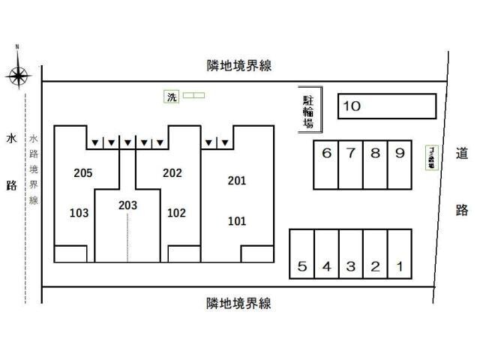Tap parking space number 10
[x=387, y=106]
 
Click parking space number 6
[x=326, y=165]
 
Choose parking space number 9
[x=400, y=165]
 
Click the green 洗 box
[x=172, y=96]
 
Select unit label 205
[x=83, y=173]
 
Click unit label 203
[x=127, y=204]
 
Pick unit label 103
[x=79, y=212]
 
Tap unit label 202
[x=172, y=173]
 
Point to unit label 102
[x=176, y=212]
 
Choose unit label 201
[x=237, y=181]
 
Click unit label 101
[x=237, y=220]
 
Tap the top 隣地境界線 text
[x=238, y=66]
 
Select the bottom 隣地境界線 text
[x=238, y=303]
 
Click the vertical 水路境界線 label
[x=34, y=169]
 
